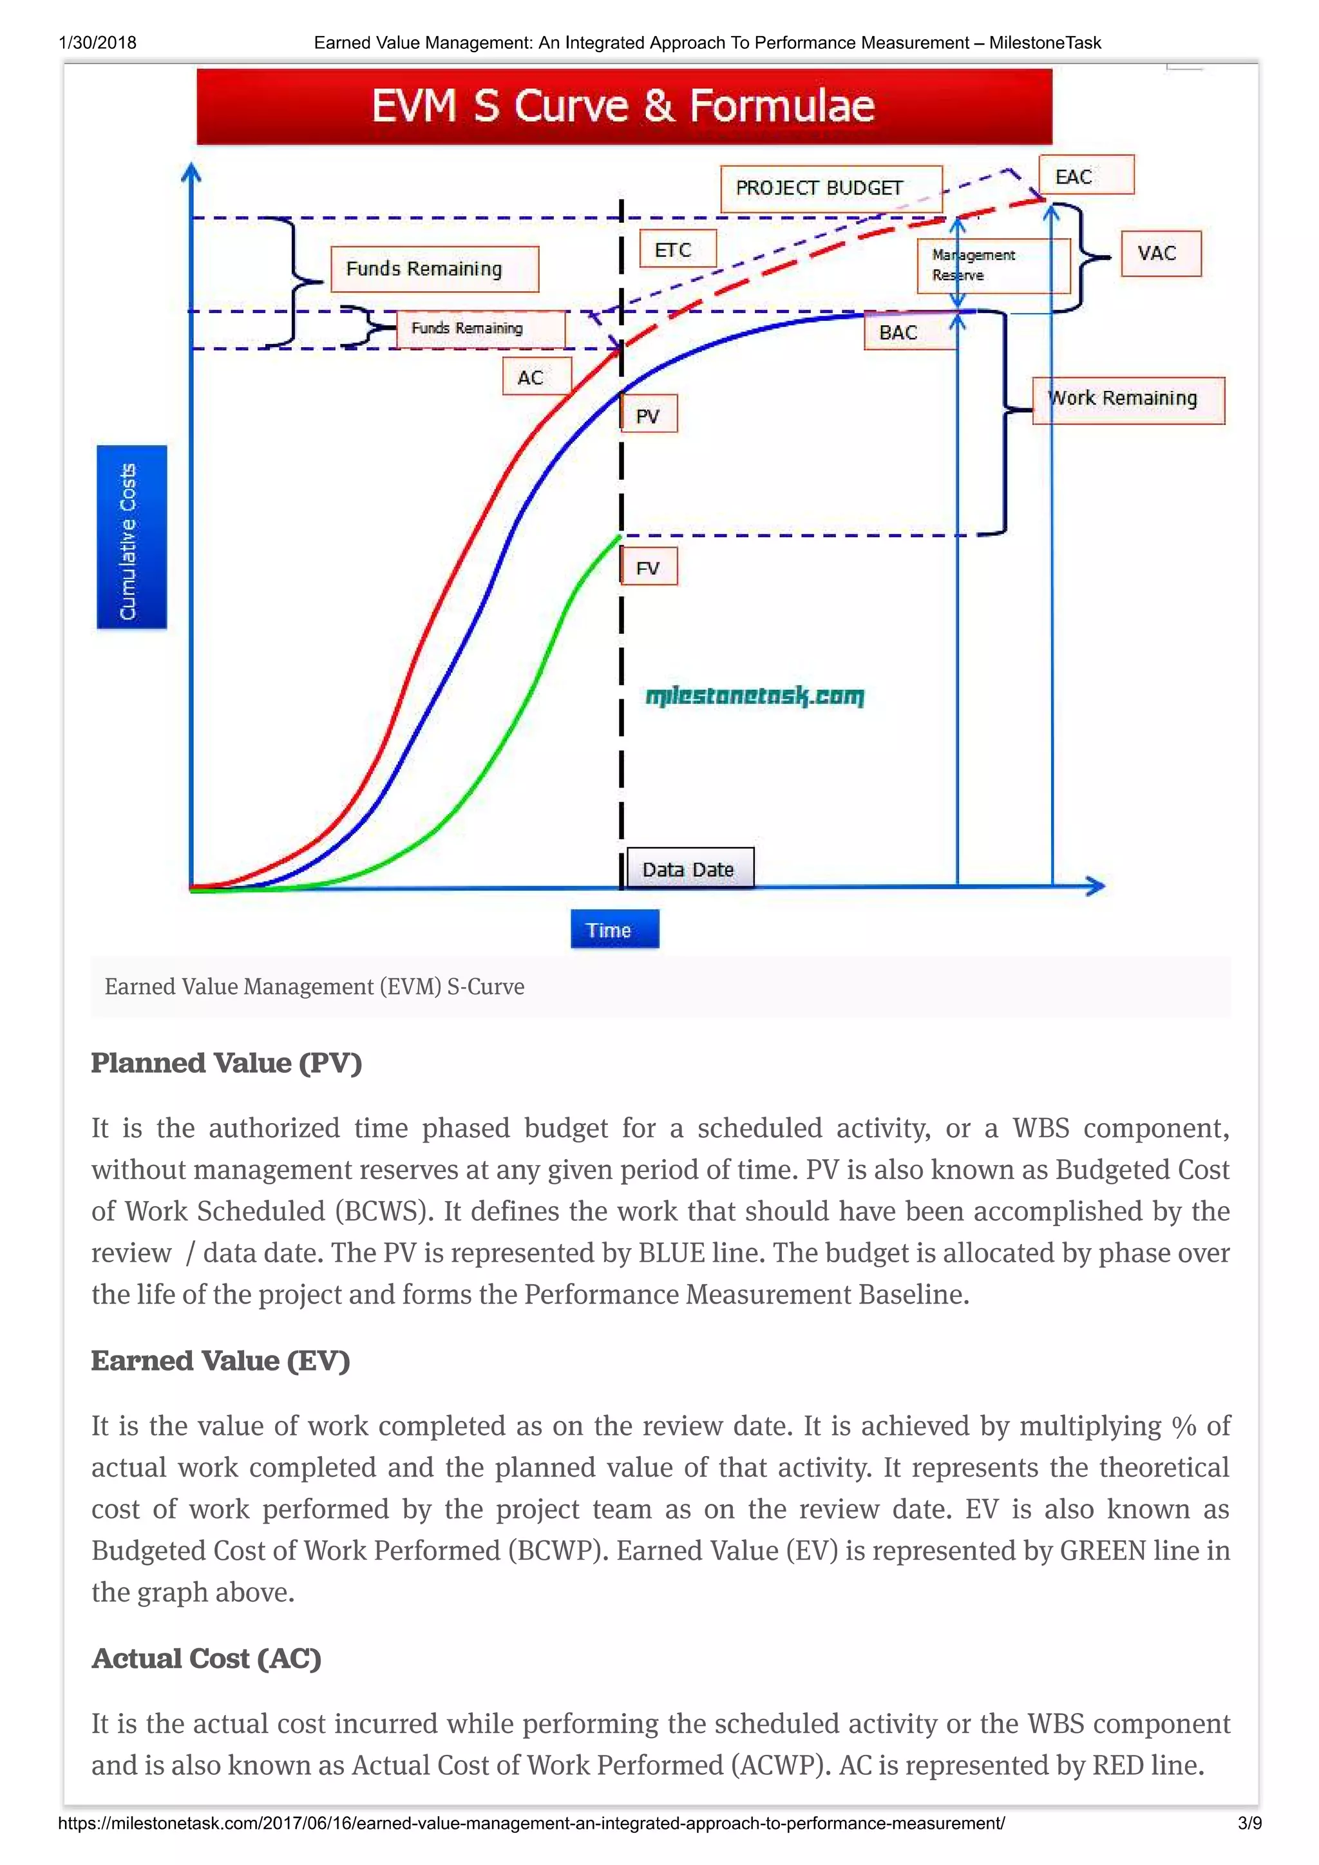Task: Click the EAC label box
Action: click(1086, 175)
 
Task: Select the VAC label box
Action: click(1160, 254)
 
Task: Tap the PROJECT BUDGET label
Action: click(831, 189)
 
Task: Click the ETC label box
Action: click(678, 249)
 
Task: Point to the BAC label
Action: click(899, 332)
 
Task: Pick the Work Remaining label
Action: click(1128, 400)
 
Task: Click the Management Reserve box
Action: click(992, 265)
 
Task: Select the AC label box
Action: click(536, 377)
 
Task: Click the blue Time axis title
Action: click(615, 929)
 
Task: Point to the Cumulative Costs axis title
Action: click(131, 538)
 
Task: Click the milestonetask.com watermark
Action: click(755, 697)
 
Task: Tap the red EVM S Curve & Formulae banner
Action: click(624, 106)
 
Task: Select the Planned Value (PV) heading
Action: click(227, 1063)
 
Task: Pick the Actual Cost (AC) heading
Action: click(206, 1658)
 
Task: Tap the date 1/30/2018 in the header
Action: click(97, 43)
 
